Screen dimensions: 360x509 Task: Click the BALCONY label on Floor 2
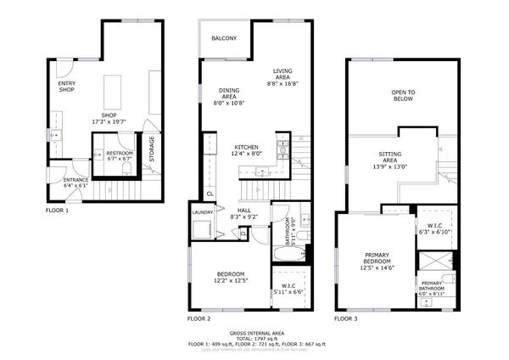pos(224,38)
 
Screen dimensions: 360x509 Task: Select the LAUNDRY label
pos(203,212)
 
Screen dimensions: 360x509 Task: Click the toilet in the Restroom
pos(99,155)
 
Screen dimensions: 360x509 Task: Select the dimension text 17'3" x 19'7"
pos(109,122)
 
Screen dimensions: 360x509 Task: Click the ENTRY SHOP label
pos(67,87)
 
